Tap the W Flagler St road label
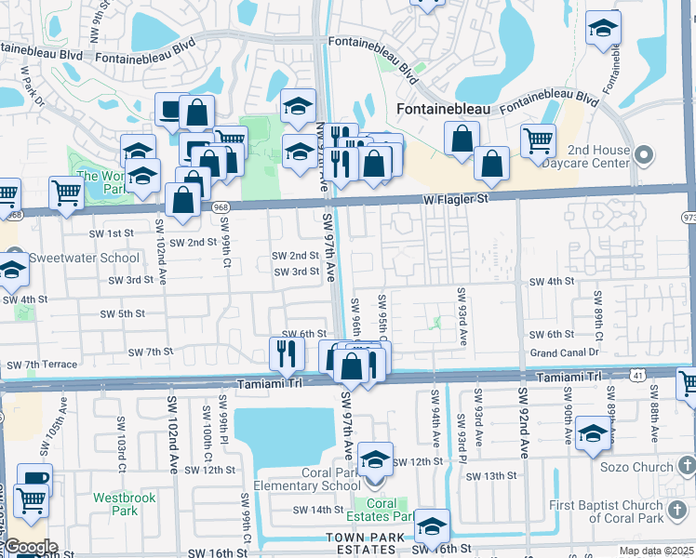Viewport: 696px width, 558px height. (x=456, y=198)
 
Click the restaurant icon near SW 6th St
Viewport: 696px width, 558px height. (x=287, y=352)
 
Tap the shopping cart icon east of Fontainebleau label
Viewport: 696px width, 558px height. (x=538, y=140)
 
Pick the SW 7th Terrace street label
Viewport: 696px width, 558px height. (x=42, y=364)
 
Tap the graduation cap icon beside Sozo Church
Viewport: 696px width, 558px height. (x=594, y=433)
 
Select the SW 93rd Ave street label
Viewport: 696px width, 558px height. (x=462, y=316)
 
